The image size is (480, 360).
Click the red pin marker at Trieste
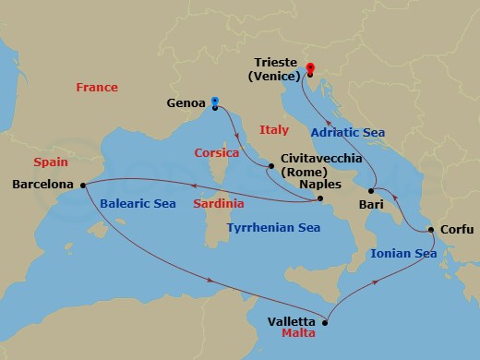309,67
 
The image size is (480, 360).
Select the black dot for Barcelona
80,184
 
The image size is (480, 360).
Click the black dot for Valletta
324,322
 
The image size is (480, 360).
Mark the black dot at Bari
371,190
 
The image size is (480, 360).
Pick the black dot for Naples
319,199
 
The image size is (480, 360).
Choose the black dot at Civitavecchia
270,167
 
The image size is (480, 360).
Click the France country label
97,88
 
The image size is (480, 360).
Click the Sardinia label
219,202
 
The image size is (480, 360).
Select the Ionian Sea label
402,253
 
